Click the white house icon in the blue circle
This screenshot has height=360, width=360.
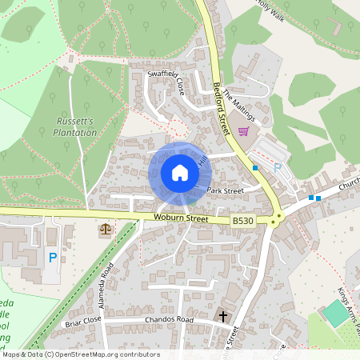click(x=179, y=173)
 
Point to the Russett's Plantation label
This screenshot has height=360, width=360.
click(x=76, y=126)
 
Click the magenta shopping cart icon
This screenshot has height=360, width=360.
click(x=243, y=131)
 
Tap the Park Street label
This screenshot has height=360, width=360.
click(x=225, y=191)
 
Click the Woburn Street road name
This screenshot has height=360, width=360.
click(x=181, y=218)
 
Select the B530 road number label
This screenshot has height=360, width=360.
click(x=243, y=220)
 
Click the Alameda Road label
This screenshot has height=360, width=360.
click(x=114, y=274)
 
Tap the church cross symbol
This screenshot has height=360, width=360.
click(x=223, y=317)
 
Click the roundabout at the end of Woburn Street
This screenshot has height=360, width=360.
click(x=277, y=218)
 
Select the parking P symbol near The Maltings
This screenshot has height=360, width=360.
click(x=278, y=168)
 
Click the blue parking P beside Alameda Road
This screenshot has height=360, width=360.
click(x=53, y=258)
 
